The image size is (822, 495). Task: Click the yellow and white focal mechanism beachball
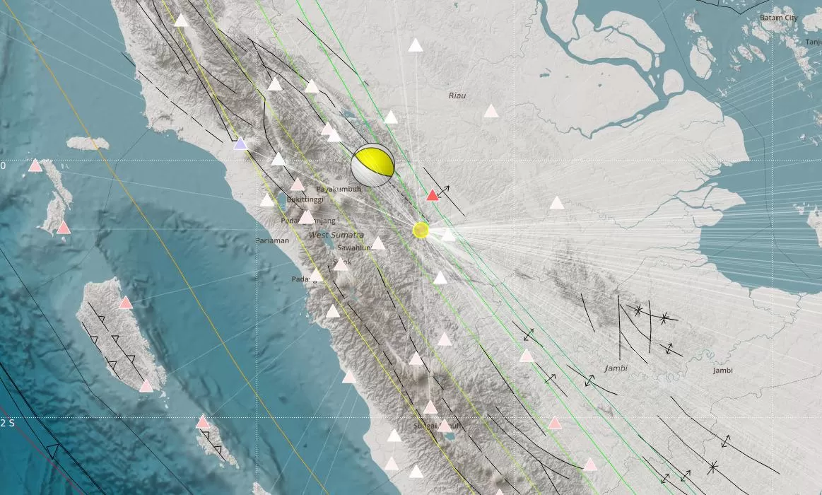372,165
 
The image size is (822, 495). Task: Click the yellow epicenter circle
421,230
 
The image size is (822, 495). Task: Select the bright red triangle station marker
433,195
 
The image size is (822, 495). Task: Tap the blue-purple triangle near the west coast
240,144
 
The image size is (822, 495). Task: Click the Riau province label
457,95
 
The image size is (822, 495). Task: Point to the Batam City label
778,18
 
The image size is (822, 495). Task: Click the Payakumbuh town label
334,190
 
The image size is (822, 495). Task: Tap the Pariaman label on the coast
272,240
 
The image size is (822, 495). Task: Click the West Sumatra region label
336,235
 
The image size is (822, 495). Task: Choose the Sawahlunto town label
356,248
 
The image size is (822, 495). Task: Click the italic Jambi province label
616,368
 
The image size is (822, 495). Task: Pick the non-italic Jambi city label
722,371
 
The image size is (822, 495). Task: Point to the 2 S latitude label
7,423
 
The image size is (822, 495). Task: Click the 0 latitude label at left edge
3,165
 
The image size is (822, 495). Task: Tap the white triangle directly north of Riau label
416,46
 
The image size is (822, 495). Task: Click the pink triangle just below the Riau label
491,111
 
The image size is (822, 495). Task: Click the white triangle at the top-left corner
181,21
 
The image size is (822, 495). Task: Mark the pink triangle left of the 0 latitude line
35,166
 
